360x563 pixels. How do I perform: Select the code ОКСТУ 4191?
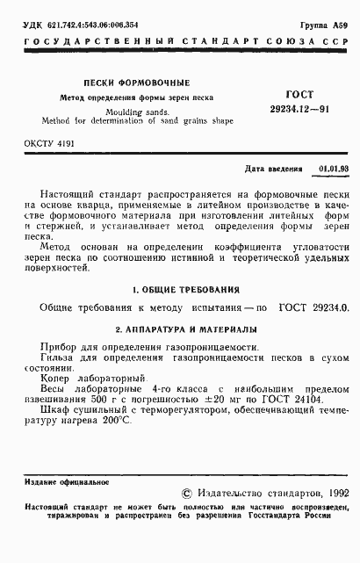pos(50,141)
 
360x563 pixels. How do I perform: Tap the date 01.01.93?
pos(333,166)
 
